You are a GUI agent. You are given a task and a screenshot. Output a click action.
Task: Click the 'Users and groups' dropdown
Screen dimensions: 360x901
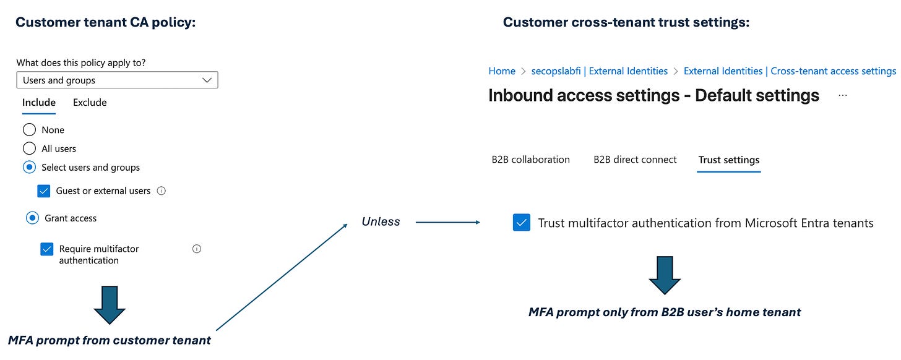pyautogui.click(x=117, y=80)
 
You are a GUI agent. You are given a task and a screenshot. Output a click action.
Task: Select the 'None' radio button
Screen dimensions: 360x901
pyautogui.click(x=29, y=130)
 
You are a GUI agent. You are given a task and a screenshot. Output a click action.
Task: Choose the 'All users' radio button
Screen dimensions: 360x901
pyautogui.click(x=29, y=148)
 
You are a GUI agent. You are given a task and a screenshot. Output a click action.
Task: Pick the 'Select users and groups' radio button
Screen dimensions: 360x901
pyautogui.click(x=29, y=167)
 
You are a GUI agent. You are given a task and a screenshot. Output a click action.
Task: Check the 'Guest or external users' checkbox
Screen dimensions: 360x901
pyautogui.click(x=44, y=191)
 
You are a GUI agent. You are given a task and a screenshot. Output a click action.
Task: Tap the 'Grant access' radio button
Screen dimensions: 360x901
pyautogui.click(x=32, y=218)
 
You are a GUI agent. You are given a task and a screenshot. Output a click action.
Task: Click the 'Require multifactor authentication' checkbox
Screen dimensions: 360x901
pyautogui.click(x=46, y=249)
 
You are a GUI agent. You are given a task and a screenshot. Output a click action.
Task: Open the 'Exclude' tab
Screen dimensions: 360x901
pyautogui.click(x=90, y=103)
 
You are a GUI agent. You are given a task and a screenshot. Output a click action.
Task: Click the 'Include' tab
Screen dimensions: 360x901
pyautogui.click(x=39, y=103)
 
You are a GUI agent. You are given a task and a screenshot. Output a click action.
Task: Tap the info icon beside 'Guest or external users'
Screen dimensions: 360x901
pyautogui.click(x=162, y=191)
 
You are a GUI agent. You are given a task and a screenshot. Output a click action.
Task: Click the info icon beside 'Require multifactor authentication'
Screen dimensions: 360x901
pyautogui.click(x=197, y=249)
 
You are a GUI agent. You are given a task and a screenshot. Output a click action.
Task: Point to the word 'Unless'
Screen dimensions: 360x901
pyautogui.click(x=381, y=221)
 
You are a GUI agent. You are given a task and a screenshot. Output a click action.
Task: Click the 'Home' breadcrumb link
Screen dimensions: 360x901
pyautogui.click(x=502, y=71)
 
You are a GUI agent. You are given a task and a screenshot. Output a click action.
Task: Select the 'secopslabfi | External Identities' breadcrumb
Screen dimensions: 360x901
pyautogui.click(x=599, y=71)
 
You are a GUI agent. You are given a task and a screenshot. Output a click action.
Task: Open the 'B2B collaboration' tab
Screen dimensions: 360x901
pyautogui.click(x=530, y=160)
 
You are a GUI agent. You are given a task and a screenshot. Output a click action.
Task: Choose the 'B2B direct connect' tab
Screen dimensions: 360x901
pyautogui.click(x=635, y=160)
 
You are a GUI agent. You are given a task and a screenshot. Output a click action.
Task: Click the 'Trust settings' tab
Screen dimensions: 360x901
pyautogui.click(x=728, y=160)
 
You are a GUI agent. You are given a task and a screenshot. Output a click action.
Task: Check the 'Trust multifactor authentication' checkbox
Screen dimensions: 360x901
pyautogui.click(x=522, y=223)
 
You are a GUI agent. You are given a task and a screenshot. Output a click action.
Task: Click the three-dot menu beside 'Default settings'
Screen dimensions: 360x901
pyautogui.click(x=842, y=96)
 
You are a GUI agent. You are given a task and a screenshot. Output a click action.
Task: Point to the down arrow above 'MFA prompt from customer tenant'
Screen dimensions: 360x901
pyautogui.click(x=110, y=305)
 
